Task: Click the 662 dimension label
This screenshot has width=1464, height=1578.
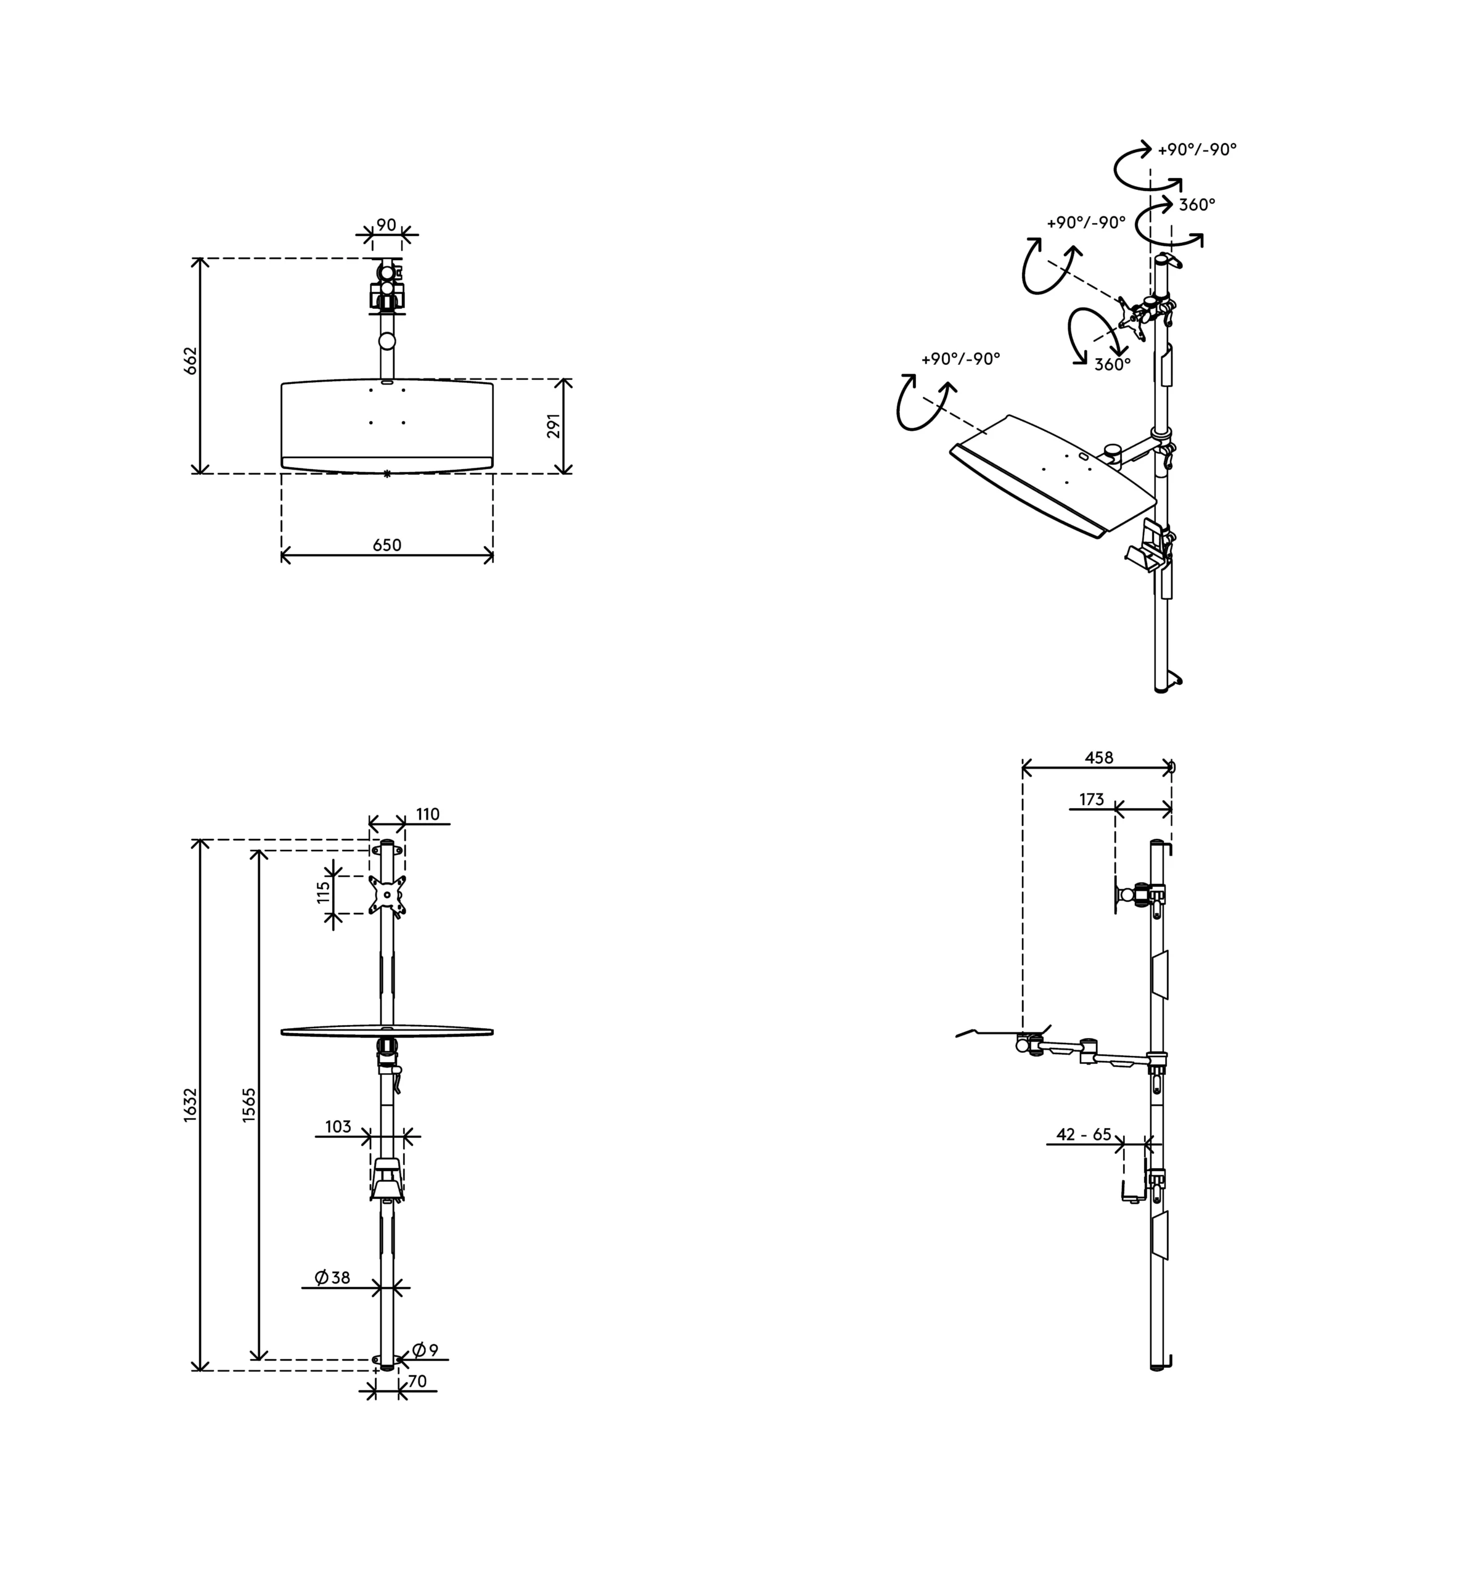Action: pyautogui.click(x=190, y=361)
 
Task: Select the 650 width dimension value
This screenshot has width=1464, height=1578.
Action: pyautogui.click(x=386, y=545)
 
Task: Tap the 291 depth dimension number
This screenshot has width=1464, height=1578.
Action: pyautogui.click(x=554, y=426)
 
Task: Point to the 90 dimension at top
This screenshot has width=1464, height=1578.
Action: pyautogui.click(x=386, y=225)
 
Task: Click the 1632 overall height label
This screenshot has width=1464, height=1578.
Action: pyautogui.click(x=190, y=1104)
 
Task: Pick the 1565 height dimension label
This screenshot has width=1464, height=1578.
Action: pyautogui.click(x=250, y=1104)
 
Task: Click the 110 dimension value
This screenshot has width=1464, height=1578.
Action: pyautogui.click(x=427, y=814)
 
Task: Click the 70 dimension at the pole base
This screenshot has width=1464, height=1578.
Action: pyautogui.click(x=417, y=1381)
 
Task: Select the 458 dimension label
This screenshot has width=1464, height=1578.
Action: pyautogui.click(x=1099, y=758)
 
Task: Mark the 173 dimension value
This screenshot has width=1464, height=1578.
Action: pyautogui.click(x=1092, y=800)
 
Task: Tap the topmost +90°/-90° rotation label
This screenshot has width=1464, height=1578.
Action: pyautogui.click(x=1197, y=150)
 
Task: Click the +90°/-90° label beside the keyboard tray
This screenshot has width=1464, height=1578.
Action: pyautogui.click(x=961, y=359)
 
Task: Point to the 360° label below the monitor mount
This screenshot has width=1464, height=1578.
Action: pyautogui.click(x=1112, y=364)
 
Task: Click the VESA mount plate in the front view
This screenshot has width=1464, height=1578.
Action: pyautogui.click(x=387, y=896)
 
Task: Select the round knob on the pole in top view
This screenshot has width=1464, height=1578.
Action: pyautogui.click(x=386, y=341)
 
